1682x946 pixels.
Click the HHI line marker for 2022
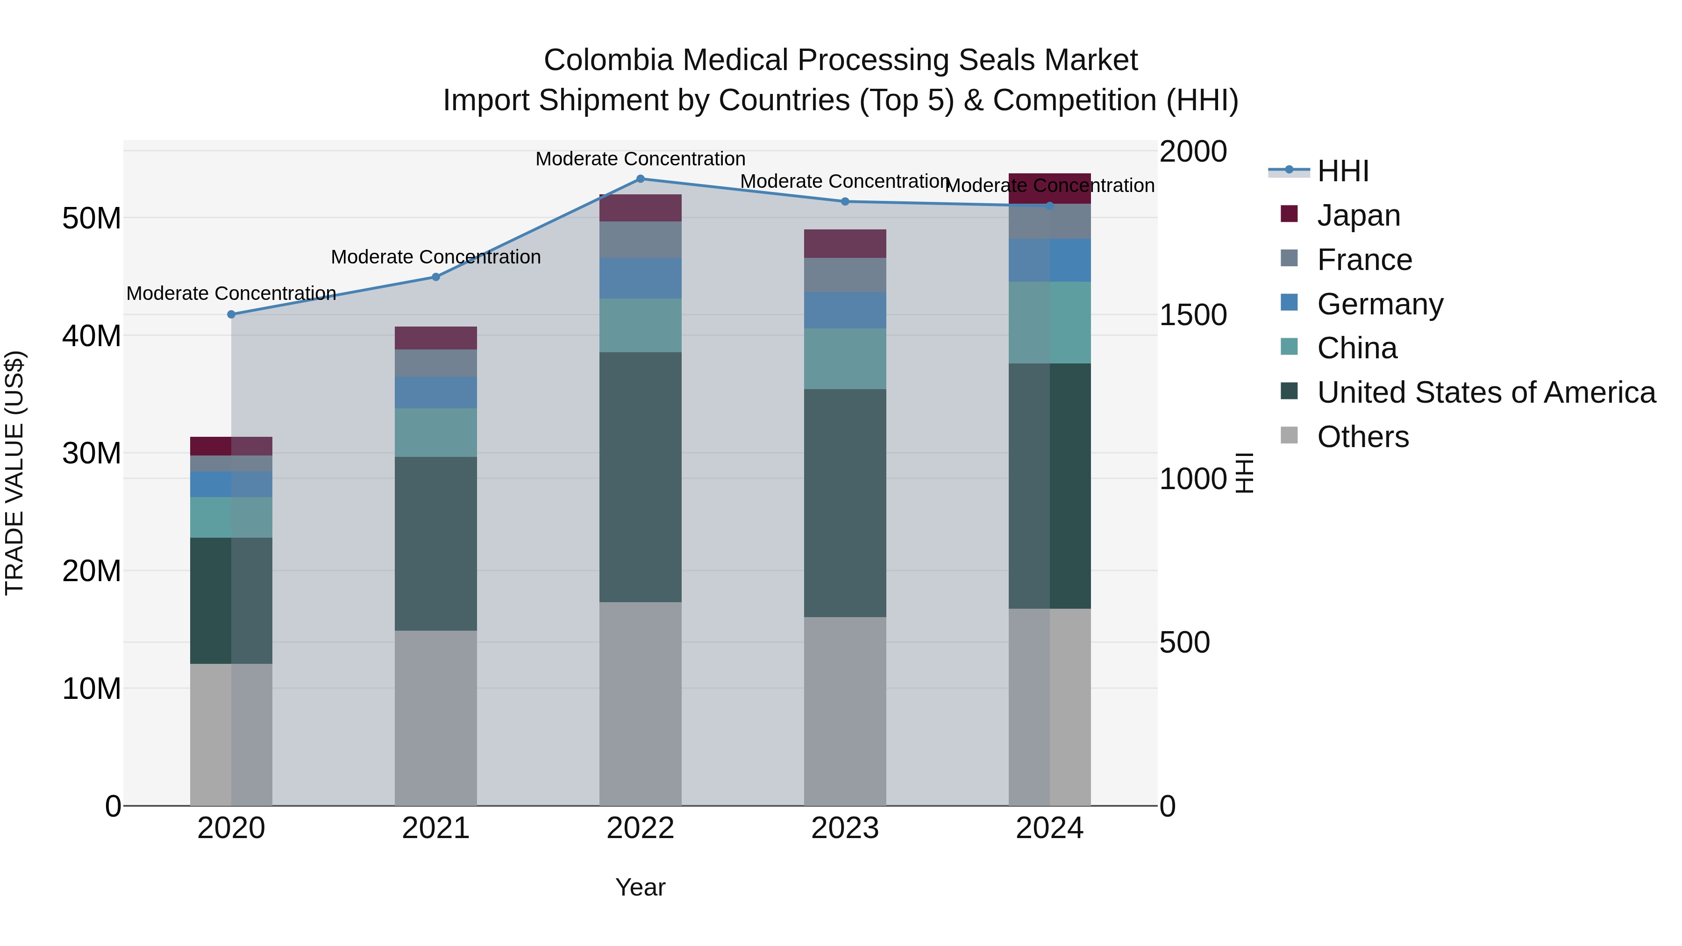pyautogui.click(x=640, y=179)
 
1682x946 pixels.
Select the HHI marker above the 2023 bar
pyautogui.click(x=845, y=202)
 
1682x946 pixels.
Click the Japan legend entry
pyautogui.click(x=1358, y=215)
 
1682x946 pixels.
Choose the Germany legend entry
pyautogui.click(x=1380, y=304)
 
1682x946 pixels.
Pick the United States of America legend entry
pyautogui.click(x=1486, y=392)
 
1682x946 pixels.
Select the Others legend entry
pyautogui.click(x=1363, y=437)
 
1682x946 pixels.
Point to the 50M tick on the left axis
pyautogui.click(x=92, y=218)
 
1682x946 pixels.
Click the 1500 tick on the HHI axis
pyautogui.click(x=1193, y=315)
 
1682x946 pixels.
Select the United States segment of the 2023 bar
pyautogui.click(x=845, y=503)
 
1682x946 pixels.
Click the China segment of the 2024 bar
pyautogui.click(x=1049, y=322)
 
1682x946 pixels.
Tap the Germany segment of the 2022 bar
pyautogui.click(x=640, y=278)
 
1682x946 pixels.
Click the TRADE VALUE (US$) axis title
pyautogui.click(x=14, y=473)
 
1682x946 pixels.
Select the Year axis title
pyautogui.click(x=640, y=887)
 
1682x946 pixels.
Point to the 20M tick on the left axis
pyautogui.click(x=92, y=571)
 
